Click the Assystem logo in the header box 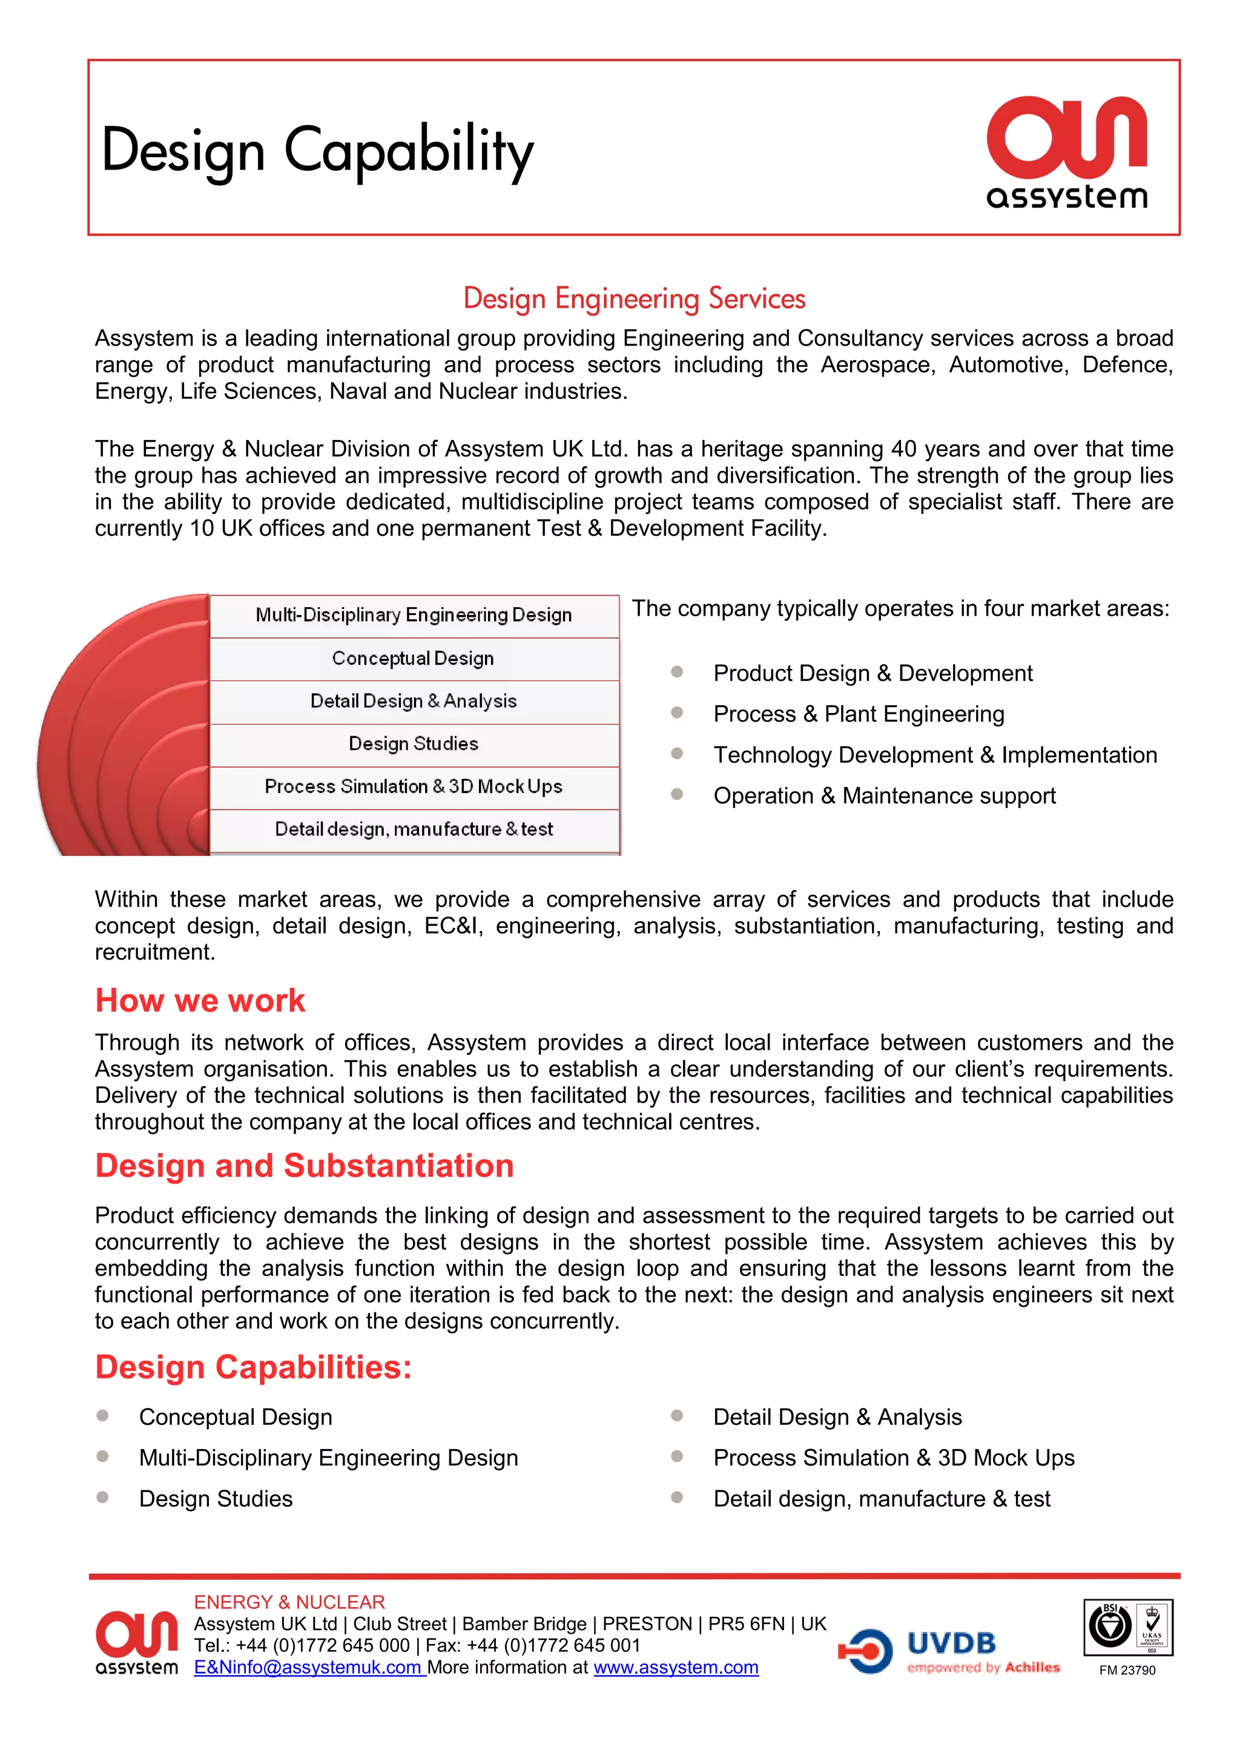pos(1067,153)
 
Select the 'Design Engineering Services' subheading pos(634,298)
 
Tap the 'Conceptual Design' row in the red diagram pos(413,658)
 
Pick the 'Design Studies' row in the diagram pos(413,744)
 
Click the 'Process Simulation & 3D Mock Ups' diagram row pos(413,786)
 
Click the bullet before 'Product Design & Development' pos(676,672)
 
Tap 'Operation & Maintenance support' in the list pos(884,795)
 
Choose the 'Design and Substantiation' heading pos(304,1166)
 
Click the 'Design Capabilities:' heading pos(252,1367)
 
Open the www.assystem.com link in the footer pos(676,1668)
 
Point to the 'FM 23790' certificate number pos(1127,1671)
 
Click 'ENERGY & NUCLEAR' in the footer pos(289,1602)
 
